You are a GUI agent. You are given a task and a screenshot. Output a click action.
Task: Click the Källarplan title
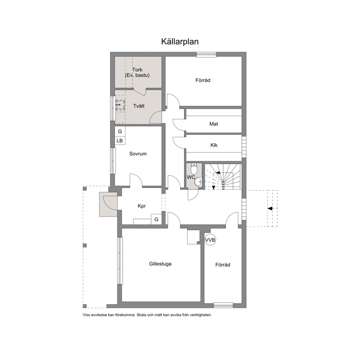(180, 42)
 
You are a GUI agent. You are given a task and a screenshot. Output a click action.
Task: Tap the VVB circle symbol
(210, 240)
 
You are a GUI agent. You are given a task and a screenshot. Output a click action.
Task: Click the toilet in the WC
(194, 169)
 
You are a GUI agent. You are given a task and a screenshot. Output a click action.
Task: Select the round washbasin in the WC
(198, 183)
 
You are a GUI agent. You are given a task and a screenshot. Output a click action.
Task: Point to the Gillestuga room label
(160, 264)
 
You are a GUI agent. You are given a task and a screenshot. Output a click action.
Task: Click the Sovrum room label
(138, 154)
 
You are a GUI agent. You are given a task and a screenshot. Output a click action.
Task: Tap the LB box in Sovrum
(120, 140)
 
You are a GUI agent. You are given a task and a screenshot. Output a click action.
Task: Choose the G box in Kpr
(156, 219)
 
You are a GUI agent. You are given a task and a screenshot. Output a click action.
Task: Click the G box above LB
(120, 131)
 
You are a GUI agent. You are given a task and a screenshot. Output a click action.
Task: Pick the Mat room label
(213, 124)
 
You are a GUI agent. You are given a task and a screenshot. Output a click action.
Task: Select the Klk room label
(214, 145)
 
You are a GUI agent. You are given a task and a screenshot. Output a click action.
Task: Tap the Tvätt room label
(139, 106)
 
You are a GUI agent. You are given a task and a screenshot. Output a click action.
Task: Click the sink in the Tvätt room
(120, 105)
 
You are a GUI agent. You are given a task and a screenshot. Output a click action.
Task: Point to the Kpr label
(142, 206)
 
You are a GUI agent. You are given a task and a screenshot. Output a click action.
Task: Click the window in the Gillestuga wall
(120, 261)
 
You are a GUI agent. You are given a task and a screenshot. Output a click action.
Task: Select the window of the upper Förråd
(206, 54)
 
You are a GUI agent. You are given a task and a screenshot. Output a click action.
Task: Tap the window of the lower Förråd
(223, 305)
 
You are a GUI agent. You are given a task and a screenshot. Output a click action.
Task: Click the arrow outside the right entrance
(270, 208)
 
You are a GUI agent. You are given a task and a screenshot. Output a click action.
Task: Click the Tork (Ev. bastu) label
(137, 72)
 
